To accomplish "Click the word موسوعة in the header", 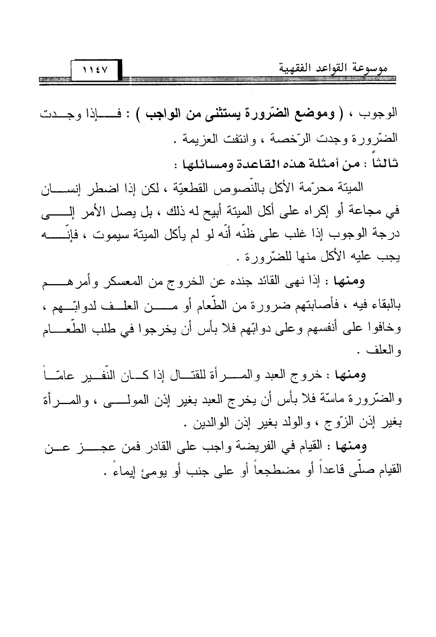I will click(371, 70).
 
